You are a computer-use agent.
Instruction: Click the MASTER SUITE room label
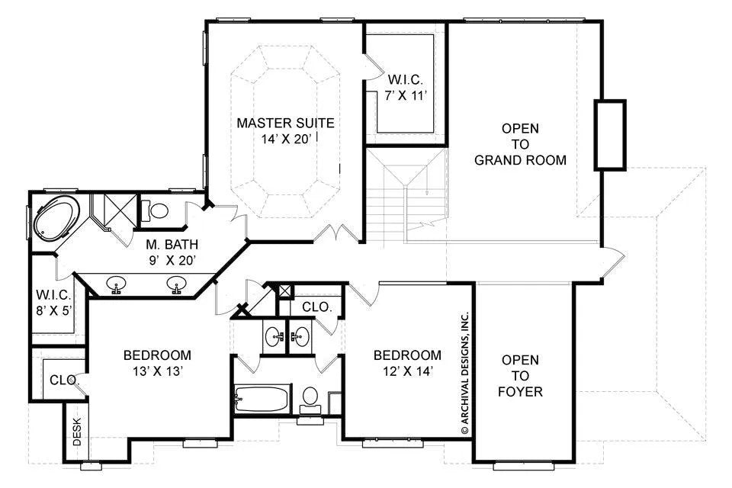click(x=286, y=124)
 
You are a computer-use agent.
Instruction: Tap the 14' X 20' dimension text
click(x=286, y=140)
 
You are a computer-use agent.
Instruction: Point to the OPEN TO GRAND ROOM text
click(x=521, y=144)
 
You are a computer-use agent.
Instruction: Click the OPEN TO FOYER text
click(x=521, y=375)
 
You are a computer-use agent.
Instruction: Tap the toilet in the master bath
click(x=155, y=210)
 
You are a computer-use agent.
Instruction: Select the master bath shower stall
click(x=114, y=211)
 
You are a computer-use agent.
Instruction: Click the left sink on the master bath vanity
click(x=116, y=284)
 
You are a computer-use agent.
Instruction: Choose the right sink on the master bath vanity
click(x=176, y=284)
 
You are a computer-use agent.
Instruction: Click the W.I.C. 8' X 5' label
click(x=54, y=303)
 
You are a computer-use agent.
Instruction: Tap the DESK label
click(x=77, y=431)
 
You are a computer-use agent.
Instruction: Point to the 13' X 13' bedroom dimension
click(x=157, y=371)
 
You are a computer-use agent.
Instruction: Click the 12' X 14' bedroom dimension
click(x=407, y=371)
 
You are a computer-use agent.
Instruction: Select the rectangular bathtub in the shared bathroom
click(x=263, y=399)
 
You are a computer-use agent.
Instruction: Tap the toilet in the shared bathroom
click(x=310, y=400)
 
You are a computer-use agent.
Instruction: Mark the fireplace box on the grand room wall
click(x=610, y=134)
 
